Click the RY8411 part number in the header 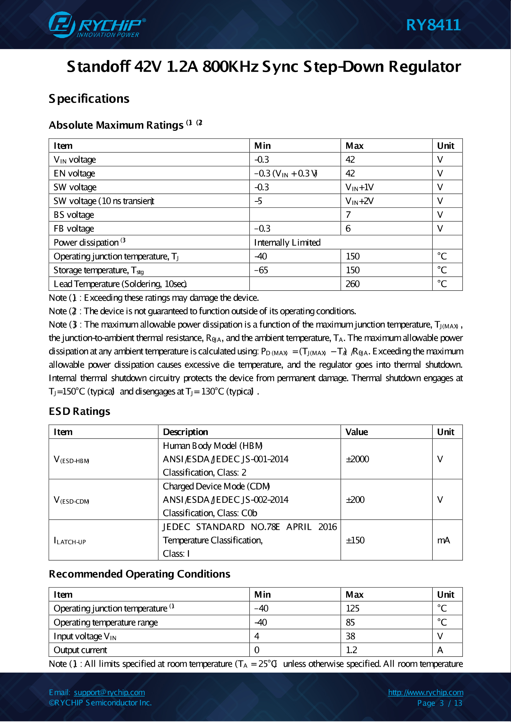point(433,25)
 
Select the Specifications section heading point(89,99)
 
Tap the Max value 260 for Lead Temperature point(353,284)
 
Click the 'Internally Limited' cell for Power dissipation point(287,243)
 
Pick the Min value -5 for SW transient point(258,201)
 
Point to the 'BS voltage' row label point(74,215)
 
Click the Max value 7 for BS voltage point(348,215)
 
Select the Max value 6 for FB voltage point(348,229)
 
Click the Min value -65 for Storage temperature point(261,270)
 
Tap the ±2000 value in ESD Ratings point(357,459)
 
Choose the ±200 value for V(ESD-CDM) point(355,500)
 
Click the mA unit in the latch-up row point(443,540)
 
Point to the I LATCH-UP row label point(70,541)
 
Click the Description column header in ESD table point(185,432)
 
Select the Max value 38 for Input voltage point(350,636)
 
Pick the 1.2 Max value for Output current point(351,650)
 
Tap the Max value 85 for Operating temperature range point(350,622)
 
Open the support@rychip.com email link point(109,692)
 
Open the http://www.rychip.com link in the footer point(425,692)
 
